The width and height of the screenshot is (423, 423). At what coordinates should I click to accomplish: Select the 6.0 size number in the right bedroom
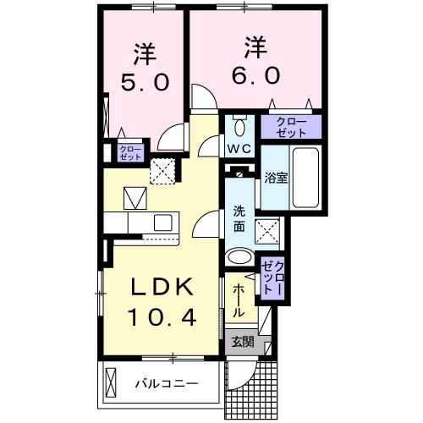251,74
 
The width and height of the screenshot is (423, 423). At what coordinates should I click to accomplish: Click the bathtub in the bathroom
305,180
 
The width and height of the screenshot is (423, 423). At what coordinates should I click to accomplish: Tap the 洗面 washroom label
239,220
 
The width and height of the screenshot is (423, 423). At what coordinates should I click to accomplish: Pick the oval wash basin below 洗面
239,258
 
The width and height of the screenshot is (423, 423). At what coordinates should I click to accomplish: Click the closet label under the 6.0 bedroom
291,128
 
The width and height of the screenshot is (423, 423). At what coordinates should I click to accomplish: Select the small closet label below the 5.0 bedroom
129,153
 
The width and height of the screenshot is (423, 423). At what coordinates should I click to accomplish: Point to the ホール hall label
239,299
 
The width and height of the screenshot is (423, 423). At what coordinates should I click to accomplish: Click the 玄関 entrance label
242,343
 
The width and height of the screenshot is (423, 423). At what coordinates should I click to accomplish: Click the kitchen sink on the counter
162,222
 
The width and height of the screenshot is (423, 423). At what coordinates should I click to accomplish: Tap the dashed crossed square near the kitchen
161,173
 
